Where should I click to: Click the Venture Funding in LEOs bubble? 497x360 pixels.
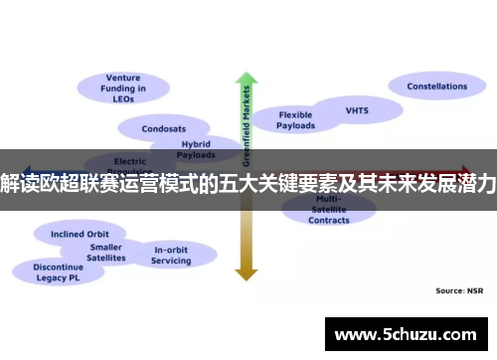click(x=123, y=88)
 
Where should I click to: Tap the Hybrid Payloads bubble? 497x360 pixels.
click(x=195, y=149)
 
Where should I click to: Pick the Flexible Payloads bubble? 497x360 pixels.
click(x=295, y=120)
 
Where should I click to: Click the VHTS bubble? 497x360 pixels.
click(x=357, y=109)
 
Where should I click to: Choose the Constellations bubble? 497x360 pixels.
click(x=436, y=87)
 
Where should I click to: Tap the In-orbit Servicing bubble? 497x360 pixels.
click(x=171, y=254)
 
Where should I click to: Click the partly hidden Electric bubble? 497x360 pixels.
click(x=130, y=160)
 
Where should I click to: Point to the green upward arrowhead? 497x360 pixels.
click(x=246, y=79)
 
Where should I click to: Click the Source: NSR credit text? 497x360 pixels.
click(x=458, y=290)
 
